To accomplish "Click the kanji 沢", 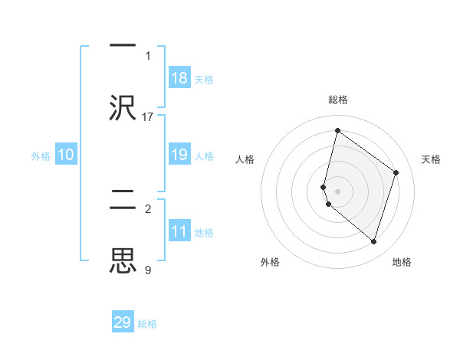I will (x=123, y=107).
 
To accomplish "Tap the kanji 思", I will (x=123, y=260).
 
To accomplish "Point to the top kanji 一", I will (x=123, y=45).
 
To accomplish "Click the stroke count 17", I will (x=148, y=116).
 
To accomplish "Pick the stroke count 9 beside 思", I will (x=148, y=270).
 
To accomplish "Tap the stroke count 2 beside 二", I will (x=148, y=208).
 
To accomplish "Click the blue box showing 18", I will (x=179, y=78).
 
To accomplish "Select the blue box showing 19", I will (x=179, y=155).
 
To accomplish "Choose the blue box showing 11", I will (x=179, y=231).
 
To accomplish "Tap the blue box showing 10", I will (x=66, y=155).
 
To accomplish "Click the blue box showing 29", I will (x=123, y=322).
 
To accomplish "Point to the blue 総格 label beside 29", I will (x=148, y=324).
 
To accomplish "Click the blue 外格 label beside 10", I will (x=41, y=156).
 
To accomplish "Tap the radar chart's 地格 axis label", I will (x=402, y=262).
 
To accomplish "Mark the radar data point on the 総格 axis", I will (x=337, y=130).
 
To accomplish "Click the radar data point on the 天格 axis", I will (x=396, y=172).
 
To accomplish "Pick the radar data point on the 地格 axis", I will (x=373, y=241).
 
